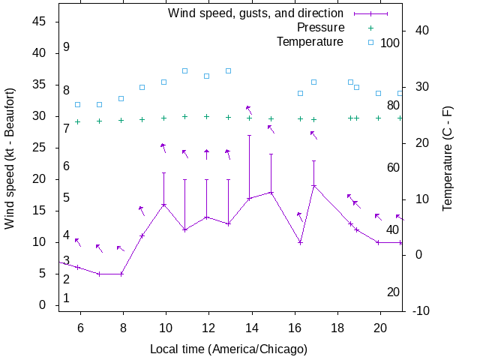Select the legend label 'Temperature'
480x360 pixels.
(x=310, y=42)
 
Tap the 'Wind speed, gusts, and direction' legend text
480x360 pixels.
(x=255, y=13)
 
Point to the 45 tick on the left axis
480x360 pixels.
(x=40, y=22)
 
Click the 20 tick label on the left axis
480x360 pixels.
(x=40, y=179)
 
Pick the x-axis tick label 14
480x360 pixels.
(x=251, y=328)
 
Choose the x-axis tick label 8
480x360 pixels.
(x=121, y=328)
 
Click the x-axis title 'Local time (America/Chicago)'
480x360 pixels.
(x=229, y=349)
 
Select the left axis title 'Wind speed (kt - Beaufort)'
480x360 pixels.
(x=10, y=163)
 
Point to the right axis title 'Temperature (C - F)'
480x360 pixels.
(x=448, y=157)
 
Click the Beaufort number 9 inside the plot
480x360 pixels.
(x=66, y=47)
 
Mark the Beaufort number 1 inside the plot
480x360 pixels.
(x=66, y=298)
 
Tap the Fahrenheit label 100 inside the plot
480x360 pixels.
(x=390, y=43)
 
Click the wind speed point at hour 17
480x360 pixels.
(x=314, y=186)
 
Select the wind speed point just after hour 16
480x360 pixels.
(x=300, y=242)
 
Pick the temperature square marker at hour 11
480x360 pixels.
(x=184, y=71)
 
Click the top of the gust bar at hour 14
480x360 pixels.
(x=249, y=135)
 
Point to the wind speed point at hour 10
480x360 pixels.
(x=163, y=205)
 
